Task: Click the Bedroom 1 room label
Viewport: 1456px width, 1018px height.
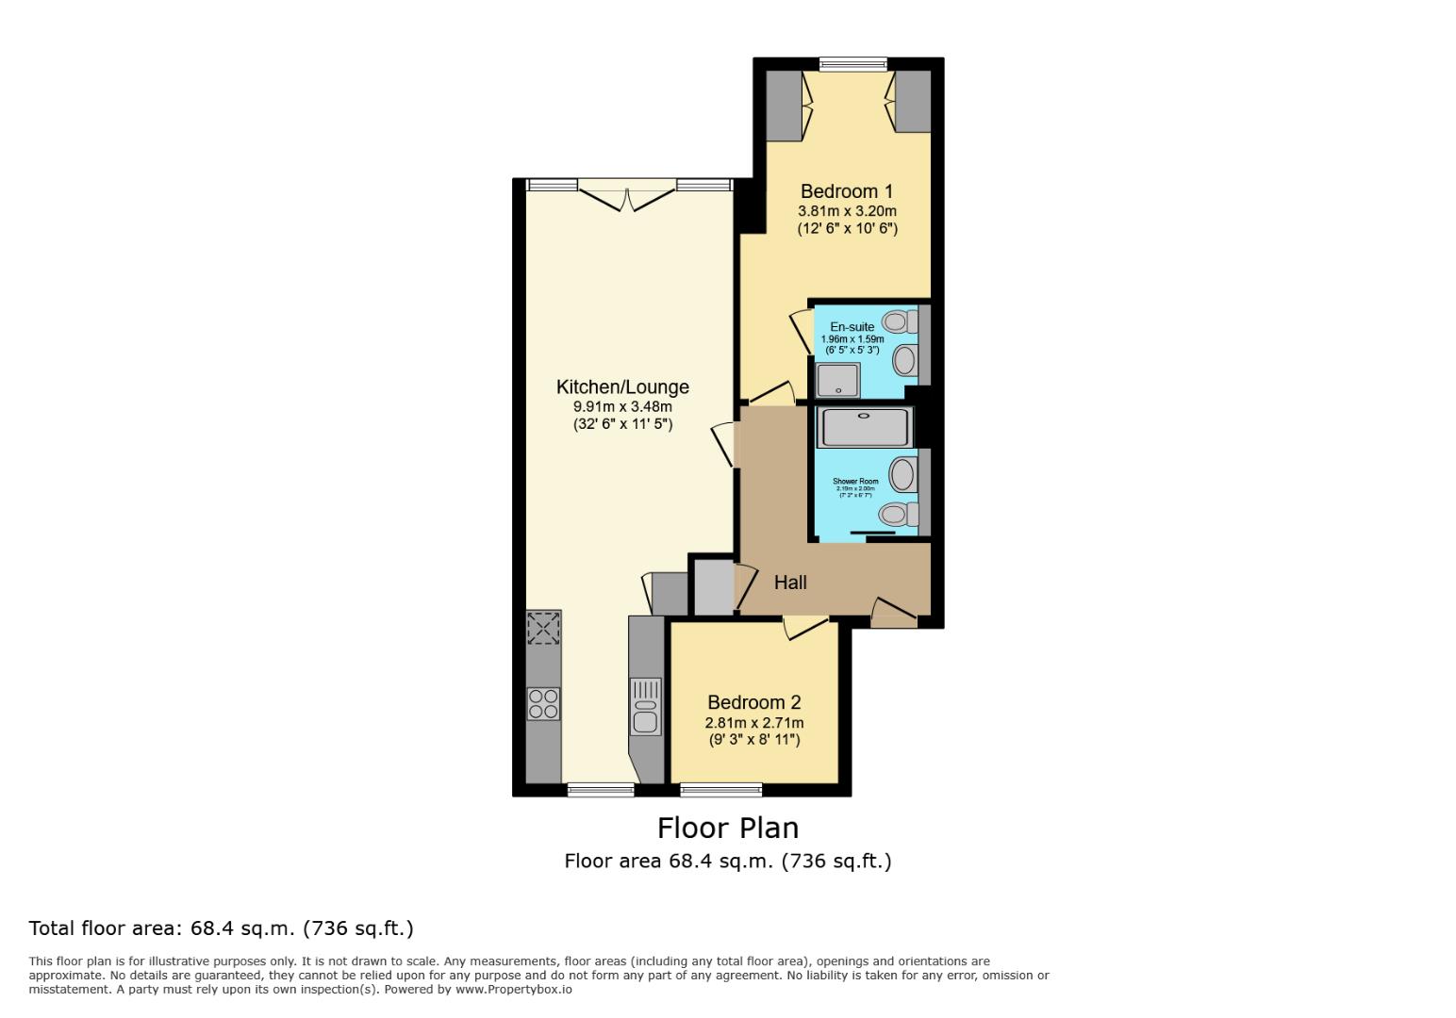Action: pyautogui.click(x=846, y=191)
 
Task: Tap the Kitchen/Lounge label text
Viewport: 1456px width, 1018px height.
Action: pyautogui.click(x=622, y=386)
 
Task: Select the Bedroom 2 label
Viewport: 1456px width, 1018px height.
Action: pyautogui.click(x=753, y=702)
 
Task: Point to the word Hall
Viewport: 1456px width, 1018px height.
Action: pyautogui.click(x=790, y=583)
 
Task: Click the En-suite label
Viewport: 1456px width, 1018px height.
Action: pyautogui.click(x=852, y=327)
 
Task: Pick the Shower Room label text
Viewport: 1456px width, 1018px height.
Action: pyautogui.click(x=855, y=482)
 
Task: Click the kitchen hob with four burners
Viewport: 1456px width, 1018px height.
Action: pyautogui.click(x=543, y=703)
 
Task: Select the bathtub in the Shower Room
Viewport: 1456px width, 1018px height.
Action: pyautogui.click(x=865, y=427)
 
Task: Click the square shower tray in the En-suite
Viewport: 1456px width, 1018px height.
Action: pyautogui.click(x=836, y=380)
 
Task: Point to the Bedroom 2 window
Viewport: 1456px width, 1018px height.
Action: pyautogui.click(x=721, y=789)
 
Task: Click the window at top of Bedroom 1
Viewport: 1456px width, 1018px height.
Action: pyautogui.click(x=852, y=65)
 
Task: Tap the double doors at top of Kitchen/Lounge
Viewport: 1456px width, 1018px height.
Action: pyautogui.click(x=627, y=196)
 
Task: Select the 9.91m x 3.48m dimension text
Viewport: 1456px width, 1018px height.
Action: pyautogui.click(x=622, y=406)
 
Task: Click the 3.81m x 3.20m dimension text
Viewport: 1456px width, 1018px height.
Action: pyautogui.click(x=847, y=211)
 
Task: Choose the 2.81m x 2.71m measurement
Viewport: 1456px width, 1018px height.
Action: pyautogui.click(x=754, y=723)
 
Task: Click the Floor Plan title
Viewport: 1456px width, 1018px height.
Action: pyautogui.click(x=727, y=828)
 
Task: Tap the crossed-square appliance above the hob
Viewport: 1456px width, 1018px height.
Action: pyautogui.click(x=543, y=628)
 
